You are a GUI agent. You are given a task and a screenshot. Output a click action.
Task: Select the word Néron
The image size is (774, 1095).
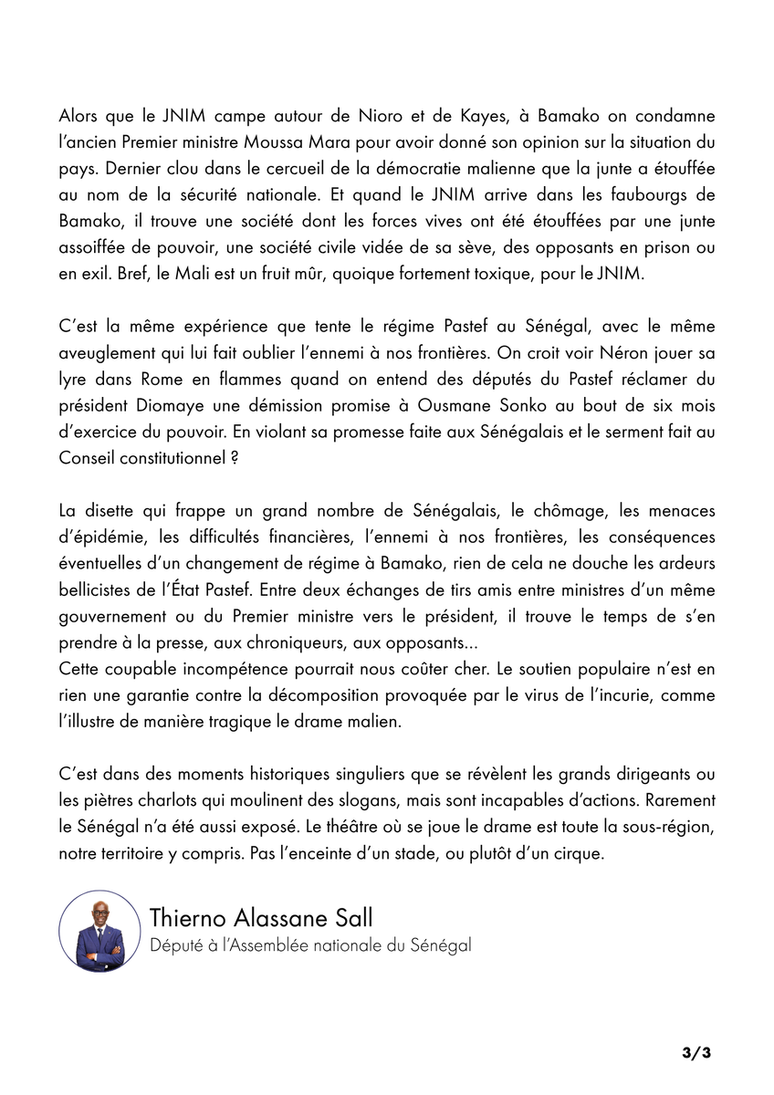(x=571, y=351)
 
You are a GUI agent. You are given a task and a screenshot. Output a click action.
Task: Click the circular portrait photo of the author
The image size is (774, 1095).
(x=99, y=931)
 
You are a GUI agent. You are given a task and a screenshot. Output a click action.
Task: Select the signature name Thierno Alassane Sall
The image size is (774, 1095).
(x=263, y=917)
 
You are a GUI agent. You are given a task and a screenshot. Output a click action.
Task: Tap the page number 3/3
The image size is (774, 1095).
(x=696, y=1053)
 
